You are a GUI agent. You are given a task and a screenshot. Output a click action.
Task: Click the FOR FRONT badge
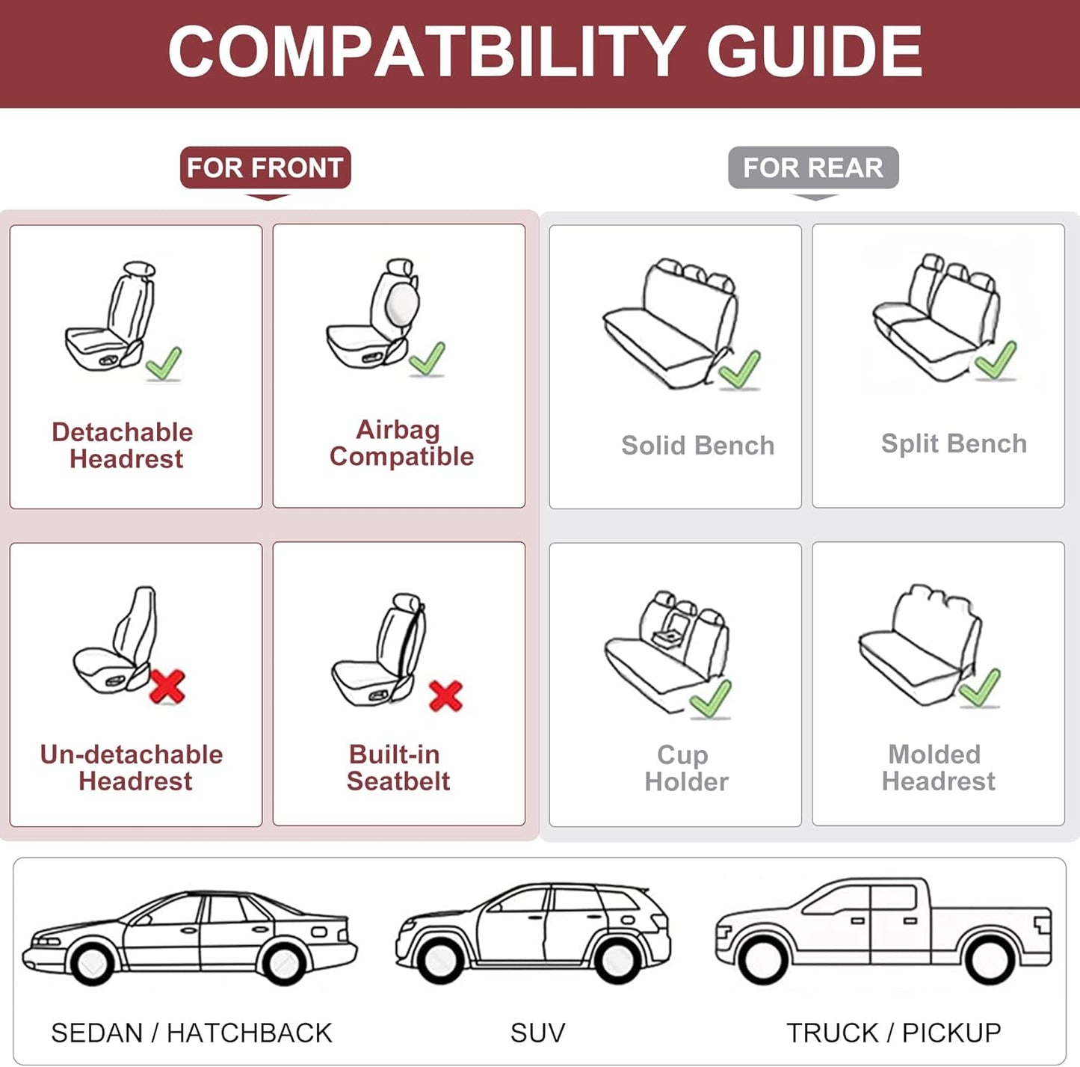(265, 167)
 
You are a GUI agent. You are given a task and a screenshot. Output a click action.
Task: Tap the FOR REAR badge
(813, 167)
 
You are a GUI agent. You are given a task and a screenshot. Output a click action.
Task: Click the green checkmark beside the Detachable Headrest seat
(164, 364)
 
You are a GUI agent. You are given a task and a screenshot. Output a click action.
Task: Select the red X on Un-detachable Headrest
(167, 686)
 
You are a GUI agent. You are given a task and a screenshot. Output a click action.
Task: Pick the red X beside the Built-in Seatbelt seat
(446, 695)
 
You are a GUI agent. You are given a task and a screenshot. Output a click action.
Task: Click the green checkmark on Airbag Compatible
(428, 359)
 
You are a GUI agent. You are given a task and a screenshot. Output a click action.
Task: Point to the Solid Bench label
(697, 446)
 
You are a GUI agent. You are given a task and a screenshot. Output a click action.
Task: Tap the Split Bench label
(954, 443)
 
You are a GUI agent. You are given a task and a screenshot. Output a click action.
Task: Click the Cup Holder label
(686, 768)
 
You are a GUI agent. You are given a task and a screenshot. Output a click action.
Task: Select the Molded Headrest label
(938, 768)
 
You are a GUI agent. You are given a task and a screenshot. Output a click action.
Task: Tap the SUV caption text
(537, 1033)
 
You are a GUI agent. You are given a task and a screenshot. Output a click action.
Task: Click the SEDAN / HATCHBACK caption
(191, 1033)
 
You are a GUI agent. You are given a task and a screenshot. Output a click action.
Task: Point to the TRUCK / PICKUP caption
(893, 1033)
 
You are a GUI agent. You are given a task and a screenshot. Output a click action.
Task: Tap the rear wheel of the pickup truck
(990, 959)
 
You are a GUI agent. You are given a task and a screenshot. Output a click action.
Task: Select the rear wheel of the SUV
(618, 959)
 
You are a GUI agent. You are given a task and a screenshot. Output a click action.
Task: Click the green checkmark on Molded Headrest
(980, 688)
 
